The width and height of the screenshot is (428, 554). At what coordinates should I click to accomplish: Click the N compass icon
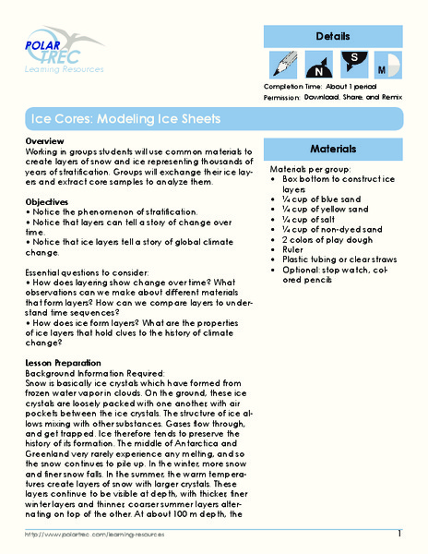click(318, 66)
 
